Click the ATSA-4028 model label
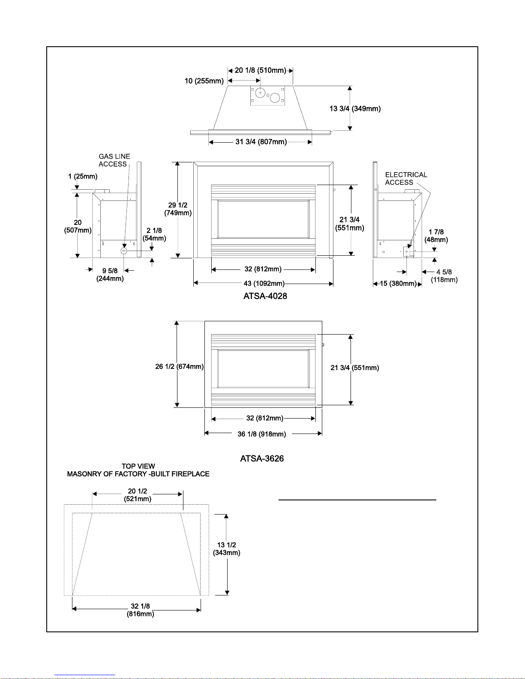265,296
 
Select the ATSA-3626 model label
262,458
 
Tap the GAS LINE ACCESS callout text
114,160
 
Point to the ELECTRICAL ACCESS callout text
406,178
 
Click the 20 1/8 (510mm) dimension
260,70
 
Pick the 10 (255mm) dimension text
204,81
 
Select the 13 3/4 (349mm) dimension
355,109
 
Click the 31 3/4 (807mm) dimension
261,142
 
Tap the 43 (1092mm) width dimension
264,284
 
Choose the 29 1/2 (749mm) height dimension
178,209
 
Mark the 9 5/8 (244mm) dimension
110,275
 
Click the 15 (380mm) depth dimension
398,284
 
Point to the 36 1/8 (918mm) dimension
261,434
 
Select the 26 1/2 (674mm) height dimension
180,367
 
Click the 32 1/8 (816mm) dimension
140,610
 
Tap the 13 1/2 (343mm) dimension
227,549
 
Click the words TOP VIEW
138,466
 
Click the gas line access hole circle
124,251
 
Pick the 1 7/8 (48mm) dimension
436,236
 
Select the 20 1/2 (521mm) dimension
138,495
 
